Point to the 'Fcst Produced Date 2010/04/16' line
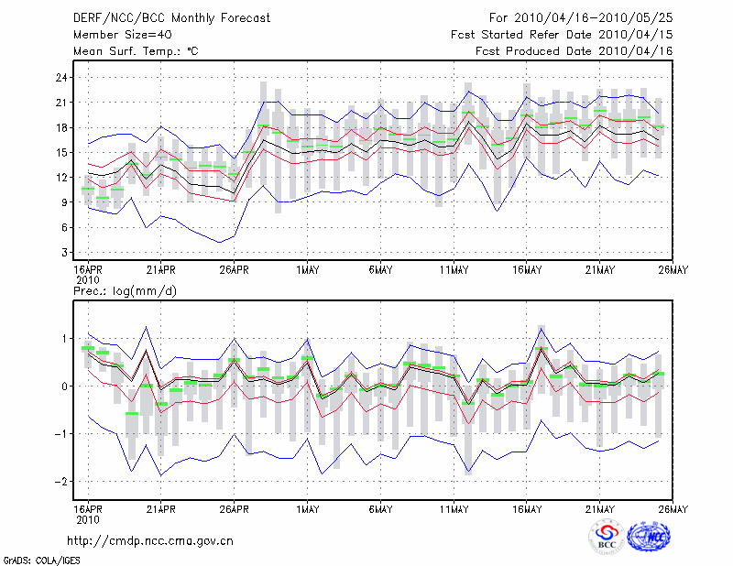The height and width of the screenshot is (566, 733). [574, 52]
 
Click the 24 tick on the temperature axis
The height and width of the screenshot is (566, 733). [62, 78]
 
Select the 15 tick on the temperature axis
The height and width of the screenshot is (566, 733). [62, 152]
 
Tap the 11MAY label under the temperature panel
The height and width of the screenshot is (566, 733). [454, 270]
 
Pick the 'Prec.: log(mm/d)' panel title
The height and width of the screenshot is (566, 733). [124, 290]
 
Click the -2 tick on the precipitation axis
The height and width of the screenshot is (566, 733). [62, 482]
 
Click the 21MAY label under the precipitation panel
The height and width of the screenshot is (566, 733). [600, 508]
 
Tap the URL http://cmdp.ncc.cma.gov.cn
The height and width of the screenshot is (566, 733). [151, 540]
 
